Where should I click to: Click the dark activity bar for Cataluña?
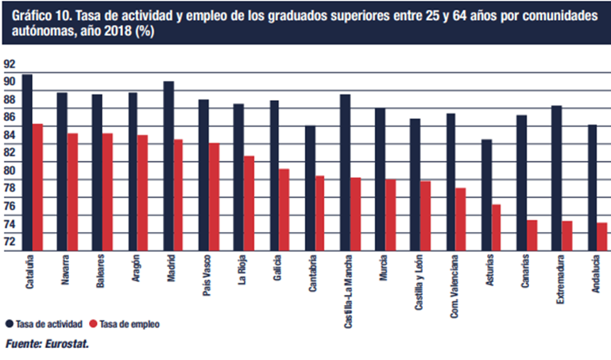(x=27, y=163)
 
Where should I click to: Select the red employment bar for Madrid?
(x=178, y=195)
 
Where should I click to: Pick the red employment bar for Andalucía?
(x=602, y=237)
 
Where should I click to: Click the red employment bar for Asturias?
(x=496, y=228)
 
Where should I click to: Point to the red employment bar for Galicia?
(x=284, y=210)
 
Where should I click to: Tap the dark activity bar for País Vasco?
(x=203, y=176)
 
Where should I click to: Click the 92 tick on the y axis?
(x=9, y=64)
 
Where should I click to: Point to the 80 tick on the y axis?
(x=9, y=170)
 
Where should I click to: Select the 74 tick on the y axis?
(x=9, y=223)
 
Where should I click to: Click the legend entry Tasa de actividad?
(x=48, y=324)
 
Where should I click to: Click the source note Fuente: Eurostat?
(x=48, y=343)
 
